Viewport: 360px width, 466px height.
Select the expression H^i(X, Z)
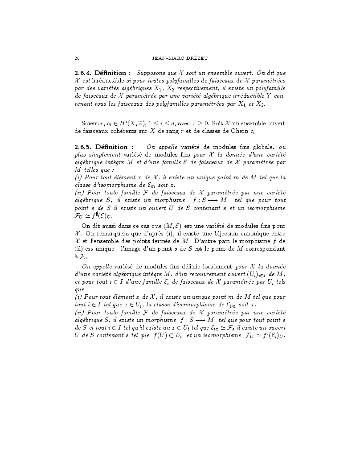point(139,123)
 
